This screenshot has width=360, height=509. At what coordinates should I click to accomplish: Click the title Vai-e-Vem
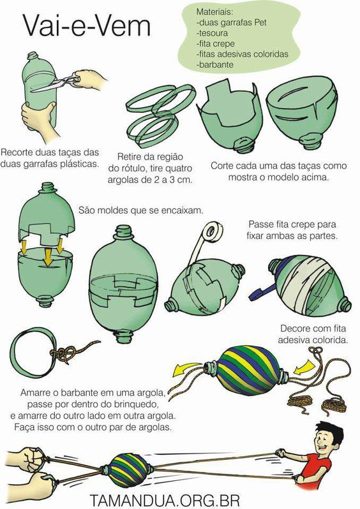pyautogui.click(x=87, y=26)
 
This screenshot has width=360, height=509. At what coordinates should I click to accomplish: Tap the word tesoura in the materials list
pyautogui.click(x=213, y=33)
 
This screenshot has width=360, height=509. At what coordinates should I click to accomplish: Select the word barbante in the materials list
pyautogui.click(x=216, y=64)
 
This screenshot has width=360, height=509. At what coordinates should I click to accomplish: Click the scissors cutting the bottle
pyautogui.click(x=56, y=84)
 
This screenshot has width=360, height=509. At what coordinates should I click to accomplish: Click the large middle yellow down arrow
pyautogui.click(x=48, y=256)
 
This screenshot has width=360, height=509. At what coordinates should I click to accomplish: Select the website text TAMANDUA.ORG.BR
pyautogui.click(x=165, y=501)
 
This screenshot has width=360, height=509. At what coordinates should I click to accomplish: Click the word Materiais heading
pyautogui.click(x=214, y=12)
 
